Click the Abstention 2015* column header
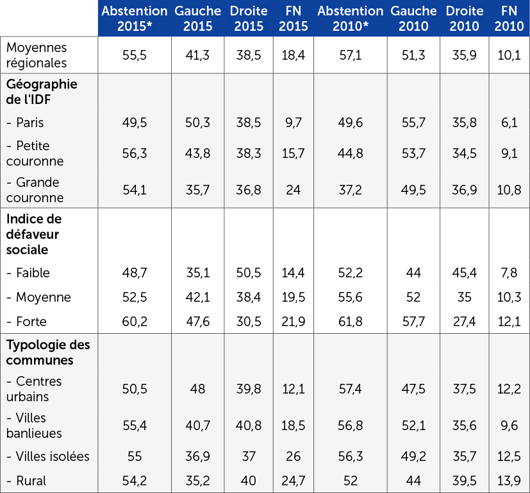click(x=135, y=19)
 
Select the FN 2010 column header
click(x=509, y=19)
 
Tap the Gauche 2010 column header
click(x=413, y=19)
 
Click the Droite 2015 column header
click(x=249, y=19)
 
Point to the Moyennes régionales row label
click(x=37, y=55)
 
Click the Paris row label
click(x=26, y=122)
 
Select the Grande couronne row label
click(x=35, y=190)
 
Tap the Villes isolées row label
click(x=48, y=456)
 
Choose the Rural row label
click(x=27, y=481)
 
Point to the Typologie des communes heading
click(x=48, y=352)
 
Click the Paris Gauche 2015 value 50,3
click(x=198, y=122)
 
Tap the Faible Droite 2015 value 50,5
click(x=249, y=273)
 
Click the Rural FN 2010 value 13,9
click(x=509, y=481)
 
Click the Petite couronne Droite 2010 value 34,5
click(x=464, y=153)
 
